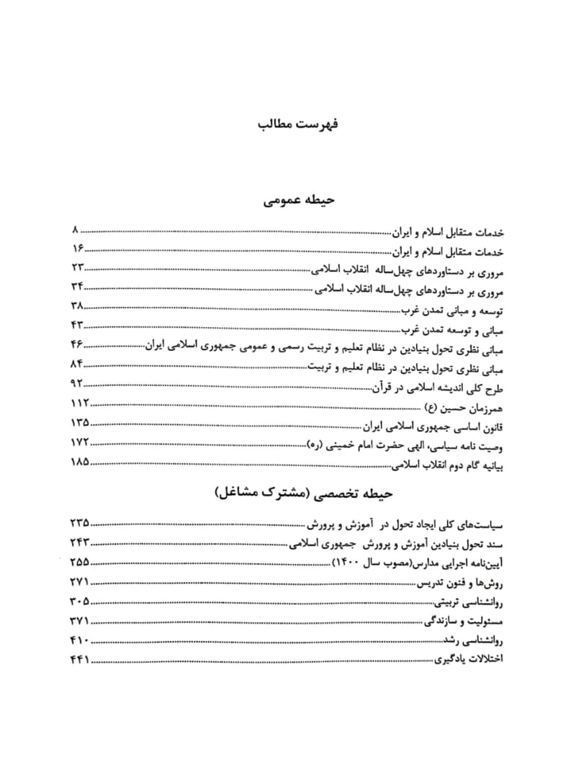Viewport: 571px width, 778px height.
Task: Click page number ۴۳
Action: pyautogui.click(x=78, y=329)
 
